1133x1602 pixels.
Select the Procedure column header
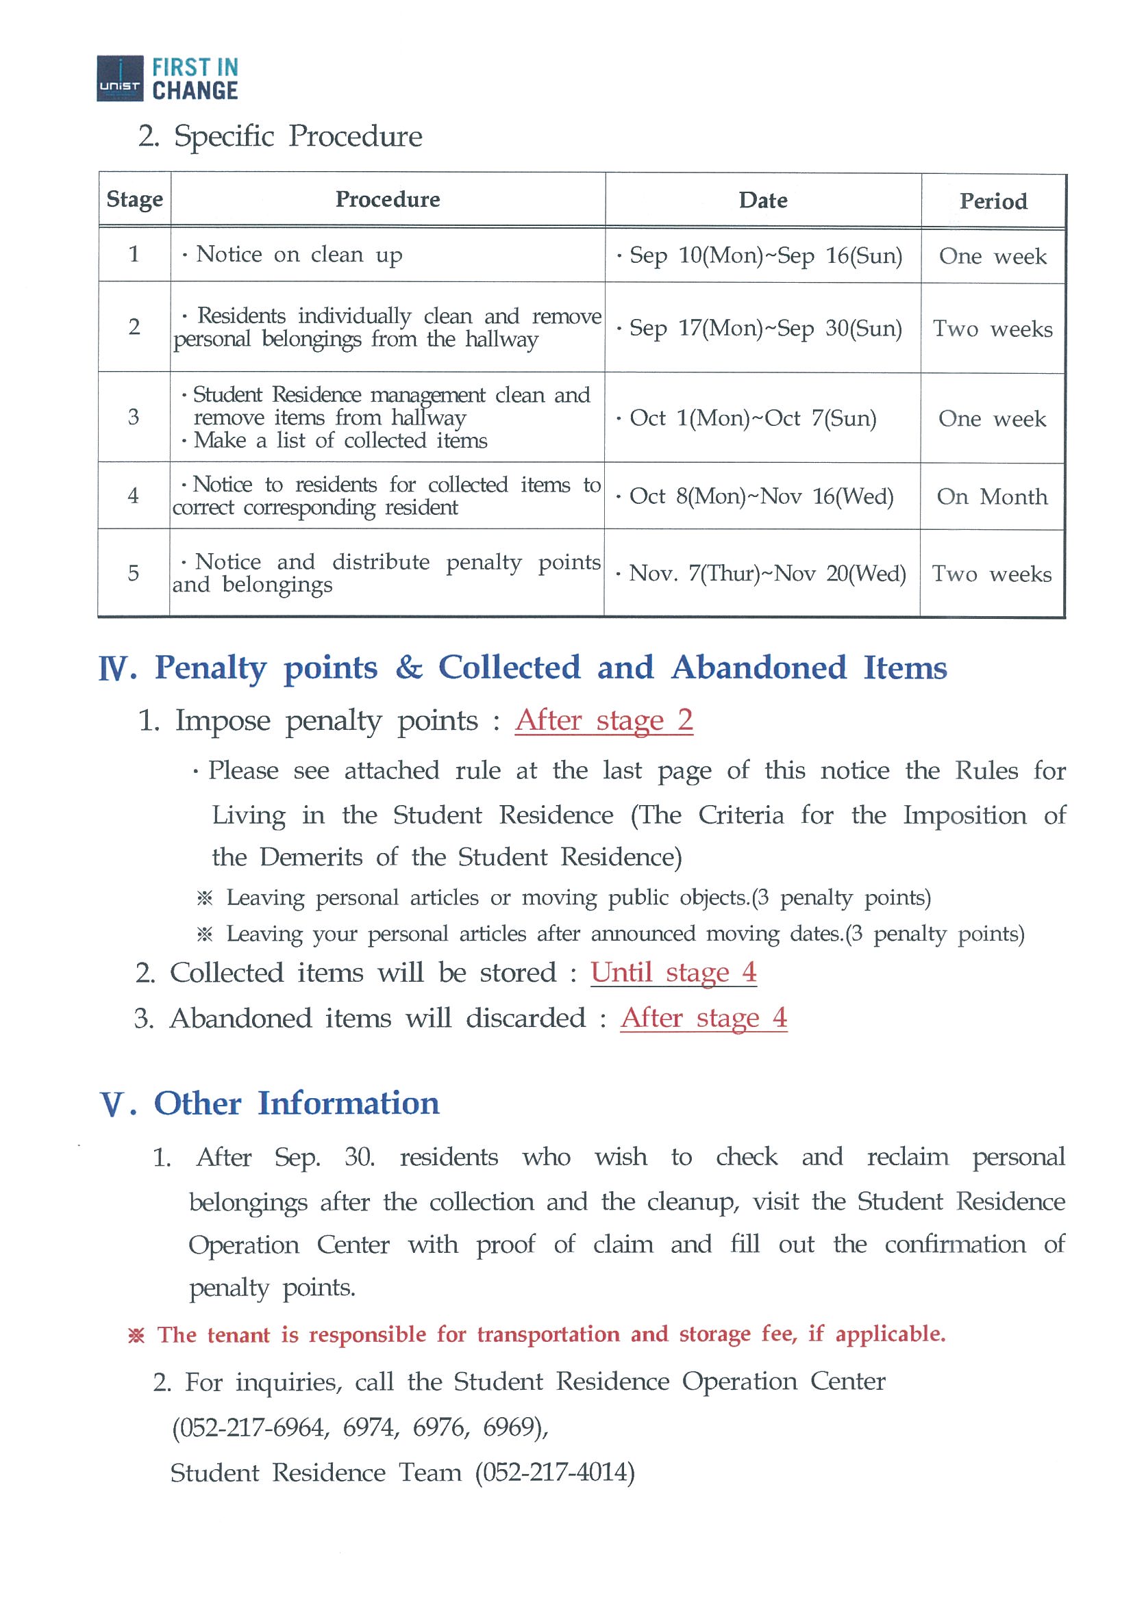tap(388, 199)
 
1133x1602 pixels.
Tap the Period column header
tap(993, 202)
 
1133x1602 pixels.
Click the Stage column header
tap(135, 199)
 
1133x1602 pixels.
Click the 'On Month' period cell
tap(992, 497)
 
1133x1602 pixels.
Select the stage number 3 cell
tap(134, 417)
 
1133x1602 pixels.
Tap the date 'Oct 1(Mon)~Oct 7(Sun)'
tap(753, 418)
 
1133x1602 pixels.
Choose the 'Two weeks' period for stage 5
tap(991, 574)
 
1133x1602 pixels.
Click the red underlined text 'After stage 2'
tap(604, 720)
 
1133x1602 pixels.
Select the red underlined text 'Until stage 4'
tap(673, 972)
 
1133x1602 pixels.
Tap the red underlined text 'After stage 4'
tap(703, 1018)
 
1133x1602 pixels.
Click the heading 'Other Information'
tap(297, 1104)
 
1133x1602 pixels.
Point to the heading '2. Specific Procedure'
tap(281, 136)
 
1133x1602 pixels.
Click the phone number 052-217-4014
tap(555, 1472)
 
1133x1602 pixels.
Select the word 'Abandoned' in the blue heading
tap(759, 667)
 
